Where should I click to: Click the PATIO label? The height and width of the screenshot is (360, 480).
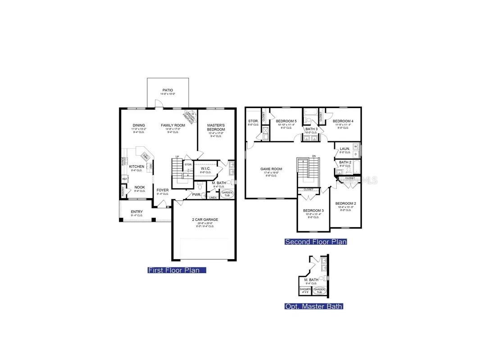(x=168, y=90)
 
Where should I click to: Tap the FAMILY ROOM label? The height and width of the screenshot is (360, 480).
(x=173, y=125)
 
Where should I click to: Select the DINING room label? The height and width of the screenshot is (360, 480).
(x=138, y=125)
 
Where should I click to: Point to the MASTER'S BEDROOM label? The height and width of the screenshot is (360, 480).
(x=216, y=127)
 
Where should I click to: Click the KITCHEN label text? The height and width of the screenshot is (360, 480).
(x=137, y=166)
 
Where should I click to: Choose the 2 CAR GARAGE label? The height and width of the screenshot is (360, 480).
(x=205, y=220)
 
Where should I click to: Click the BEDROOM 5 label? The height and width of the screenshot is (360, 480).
(x=286, y=121)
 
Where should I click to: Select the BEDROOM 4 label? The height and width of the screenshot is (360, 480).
(x=343, y=121)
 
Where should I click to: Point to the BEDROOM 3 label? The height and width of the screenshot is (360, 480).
(x=313, y=211)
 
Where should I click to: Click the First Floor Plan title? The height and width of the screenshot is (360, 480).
(x=177, y=270)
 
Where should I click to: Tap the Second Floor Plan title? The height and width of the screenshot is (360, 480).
(x=316, y=242)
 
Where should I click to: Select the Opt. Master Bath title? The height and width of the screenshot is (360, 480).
(x=314, y=306)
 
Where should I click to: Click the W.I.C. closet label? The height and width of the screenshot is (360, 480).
(x=205, y=168)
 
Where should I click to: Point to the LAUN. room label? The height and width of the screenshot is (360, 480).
(x=345, y=148)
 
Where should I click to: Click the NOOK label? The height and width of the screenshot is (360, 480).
(x=140, y=187)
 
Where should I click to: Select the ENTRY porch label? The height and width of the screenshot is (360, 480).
(x=137, y=211)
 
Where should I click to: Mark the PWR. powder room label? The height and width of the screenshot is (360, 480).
(x=196, y=195)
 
